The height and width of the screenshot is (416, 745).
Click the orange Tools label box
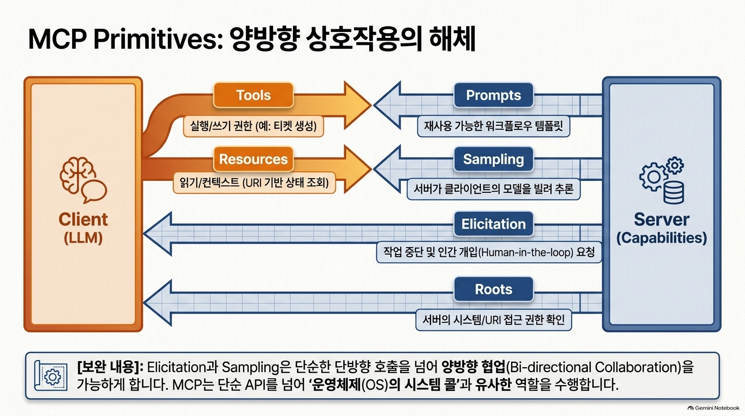(253, 95)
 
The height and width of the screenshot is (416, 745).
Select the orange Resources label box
(253, 159)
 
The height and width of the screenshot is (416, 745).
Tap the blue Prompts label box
(494, 95)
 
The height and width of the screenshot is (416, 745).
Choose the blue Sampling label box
(494, 159)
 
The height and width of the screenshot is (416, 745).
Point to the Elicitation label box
(494, 224)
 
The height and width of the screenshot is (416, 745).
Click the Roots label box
(494, 289)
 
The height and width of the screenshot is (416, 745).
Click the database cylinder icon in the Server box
(674, 192)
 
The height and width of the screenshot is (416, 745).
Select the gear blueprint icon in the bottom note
(51, 376)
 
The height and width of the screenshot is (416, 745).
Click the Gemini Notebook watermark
(714, 408)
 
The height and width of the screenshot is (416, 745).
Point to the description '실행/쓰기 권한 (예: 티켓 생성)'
(253, 126)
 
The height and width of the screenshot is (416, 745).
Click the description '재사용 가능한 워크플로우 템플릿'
(494, 126)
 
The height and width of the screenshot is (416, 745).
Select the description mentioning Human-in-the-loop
(489, 252)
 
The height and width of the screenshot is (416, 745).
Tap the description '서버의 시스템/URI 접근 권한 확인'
(494, 320)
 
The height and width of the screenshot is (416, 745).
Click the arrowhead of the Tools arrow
(357, 105)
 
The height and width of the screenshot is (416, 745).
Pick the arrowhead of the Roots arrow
(158, 303)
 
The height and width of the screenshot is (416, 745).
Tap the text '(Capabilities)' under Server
(662, 238)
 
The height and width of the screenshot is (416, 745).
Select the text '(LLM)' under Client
(83, 238)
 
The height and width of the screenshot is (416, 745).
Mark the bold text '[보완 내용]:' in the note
(110, 367)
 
